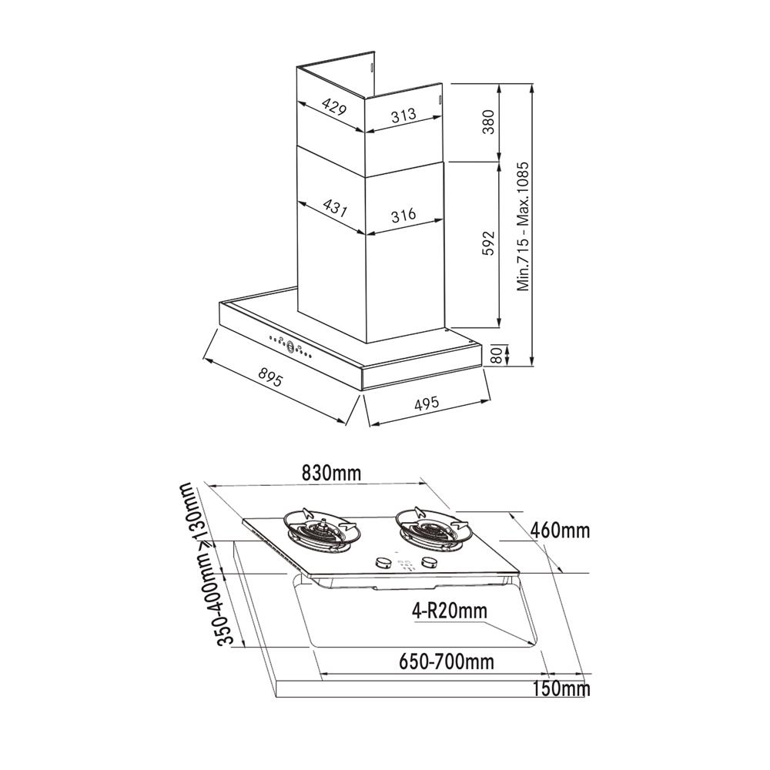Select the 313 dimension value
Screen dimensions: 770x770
[403, 115]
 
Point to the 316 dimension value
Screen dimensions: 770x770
[403, 215]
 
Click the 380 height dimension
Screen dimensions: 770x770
[488, 122]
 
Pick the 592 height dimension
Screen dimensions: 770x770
[488, 243]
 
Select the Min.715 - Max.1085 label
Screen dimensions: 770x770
[523, 225]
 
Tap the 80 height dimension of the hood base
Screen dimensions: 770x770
[497, 355]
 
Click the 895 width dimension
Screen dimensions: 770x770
[271, 379]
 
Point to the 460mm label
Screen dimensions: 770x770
[560, 531]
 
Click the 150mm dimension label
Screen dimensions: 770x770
[561, 688]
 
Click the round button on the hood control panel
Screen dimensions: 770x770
[292, 346]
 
